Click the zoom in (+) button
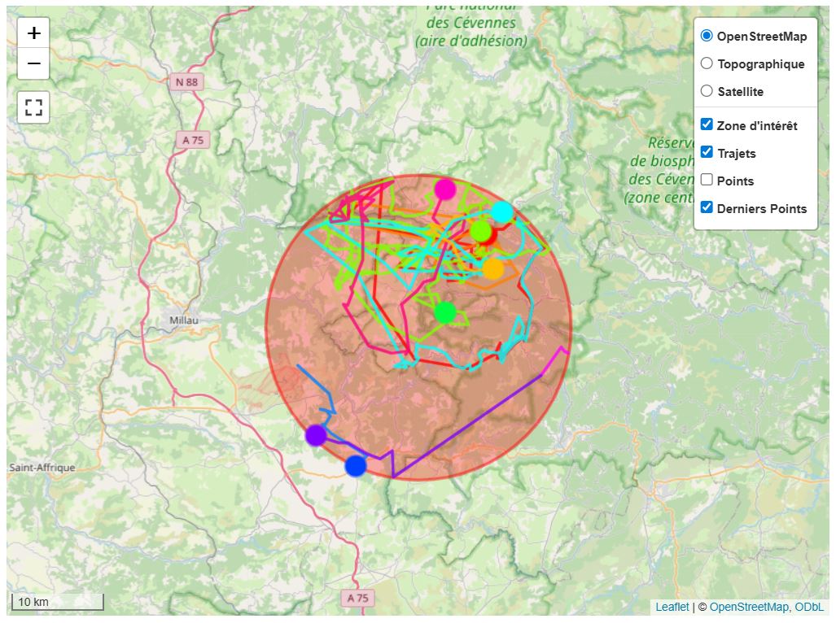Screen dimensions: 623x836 coord(33,33)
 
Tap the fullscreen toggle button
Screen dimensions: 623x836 coord(33,107)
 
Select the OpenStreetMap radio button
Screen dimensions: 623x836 coord(707,36)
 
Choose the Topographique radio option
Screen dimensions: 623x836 coord(707,63)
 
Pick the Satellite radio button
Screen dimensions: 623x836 coord(707,91)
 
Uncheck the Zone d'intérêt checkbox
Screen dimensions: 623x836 coord(707,124)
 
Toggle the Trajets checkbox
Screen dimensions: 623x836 coord(707,152)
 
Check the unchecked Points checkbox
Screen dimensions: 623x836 coord(707,180)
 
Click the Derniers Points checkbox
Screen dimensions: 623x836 coord(707,207)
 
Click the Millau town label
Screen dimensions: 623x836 coord(183,320)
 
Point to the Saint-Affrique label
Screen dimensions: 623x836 coord(42,468)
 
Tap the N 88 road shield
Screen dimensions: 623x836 coord(187,82)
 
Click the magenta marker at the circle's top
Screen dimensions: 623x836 coord(444,190)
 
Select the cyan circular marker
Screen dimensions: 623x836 coord(502,212)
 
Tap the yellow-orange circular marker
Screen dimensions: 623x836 coord(493,268)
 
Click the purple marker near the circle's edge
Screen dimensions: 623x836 coord(316,435)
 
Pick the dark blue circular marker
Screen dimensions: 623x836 coord(356,466)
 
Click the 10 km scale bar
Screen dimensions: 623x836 coord(57,603)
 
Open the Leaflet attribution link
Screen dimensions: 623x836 coord(672,607)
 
